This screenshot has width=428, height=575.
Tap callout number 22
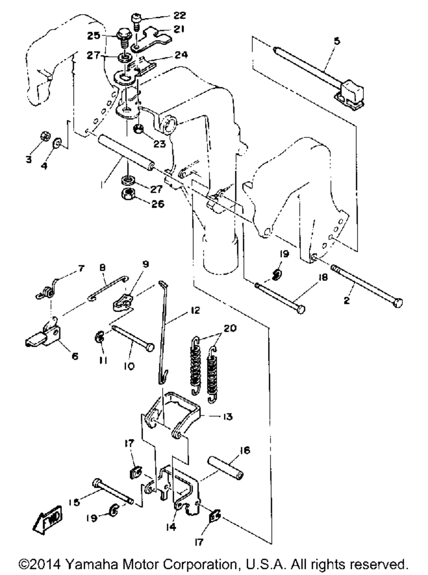(x=180, y=15)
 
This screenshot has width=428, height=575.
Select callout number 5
(x=337, y=41)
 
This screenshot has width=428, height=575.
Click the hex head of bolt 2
(x=398, y=303)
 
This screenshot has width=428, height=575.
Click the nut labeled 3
(x=45, y=136)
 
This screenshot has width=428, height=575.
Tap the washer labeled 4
(x=57, y=143)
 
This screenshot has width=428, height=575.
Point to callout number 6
(x=74, y=357)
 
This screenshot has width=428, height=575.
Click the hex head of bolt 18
(x=301, y=310)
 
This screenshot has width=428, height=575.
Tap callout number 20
(x=230, y=328)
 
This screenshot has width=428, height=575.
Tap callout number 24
(x=181, y=55)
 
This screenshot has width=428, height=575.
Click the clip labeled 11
(x=100, y=337)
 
